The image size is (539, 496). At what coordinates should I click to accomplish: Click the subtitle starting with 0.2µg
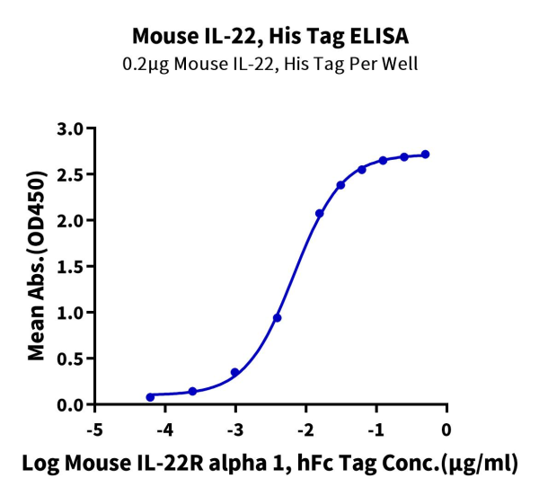coord(269,64)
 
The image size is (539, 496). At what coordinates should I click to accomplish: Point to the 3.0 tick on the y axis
coord(70,128)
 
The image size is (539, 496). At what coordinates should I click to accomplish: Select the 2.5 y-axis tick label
coord(70,174)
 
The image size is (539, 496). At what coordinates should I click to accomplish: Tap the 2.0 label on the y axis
coord(70,220)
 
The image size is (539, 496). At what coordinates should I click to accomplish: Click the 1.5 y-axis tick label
coord(70,267)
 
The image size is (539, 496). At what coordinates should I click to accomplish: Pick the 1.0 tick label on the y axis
coord(70,313)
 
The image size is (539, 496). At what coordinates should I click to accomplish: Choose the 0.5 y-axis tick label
coord(70,359)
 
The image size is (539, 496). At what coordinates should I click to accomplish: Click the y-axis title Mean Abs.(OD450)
coord(37,266)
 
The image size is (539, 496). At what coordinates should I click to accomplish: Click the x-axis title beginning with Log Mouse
coord(269,464)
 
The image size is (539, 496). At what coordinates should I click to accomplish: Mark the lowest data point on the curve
coord(150,396)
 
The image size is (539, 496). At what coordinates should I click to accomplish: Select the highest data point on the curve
coord(425,155)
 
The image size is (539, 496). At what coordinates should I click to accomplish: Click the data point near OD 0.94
coord(278,318)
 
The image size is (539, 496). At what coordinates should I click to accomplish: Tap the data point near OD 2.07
coord(320,213)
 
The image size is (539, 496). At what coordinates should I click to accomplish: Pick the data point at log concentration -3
coord(235,372)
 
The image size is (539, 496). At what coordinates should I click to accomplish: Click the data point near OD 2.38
coord(340,185)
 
